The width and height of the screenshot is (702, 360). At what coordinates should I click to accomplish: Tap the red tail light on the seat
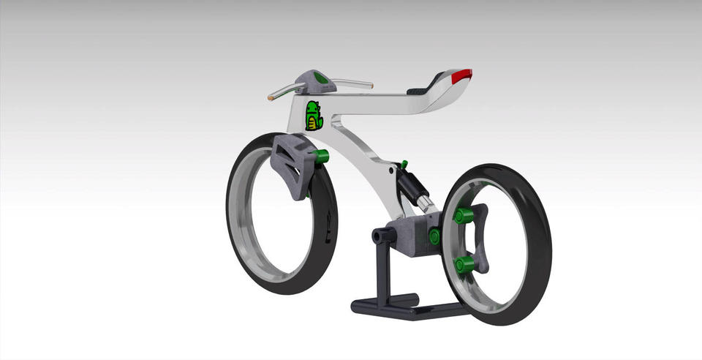[x=461, y=74]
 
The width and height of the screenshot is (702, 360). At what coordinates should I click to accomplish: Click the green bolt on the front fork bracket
[x=320, y=156]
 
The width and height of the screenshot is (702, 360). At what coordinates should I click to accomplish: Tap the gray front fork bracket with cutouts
[x=291, y=167]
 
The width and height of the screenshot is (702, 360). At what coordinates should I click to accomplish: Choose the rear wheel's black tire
[x=537, y=241]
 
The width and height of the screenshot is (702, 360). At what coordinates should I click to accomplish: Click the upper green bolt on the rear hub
[x=461, y=216]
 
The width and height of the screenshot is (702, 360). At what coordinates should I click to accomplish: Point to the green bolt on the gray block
[x=434, y=236]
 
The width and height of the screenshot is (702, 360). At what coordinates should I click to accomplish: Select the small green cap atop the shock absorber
[x=403, y=163]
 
